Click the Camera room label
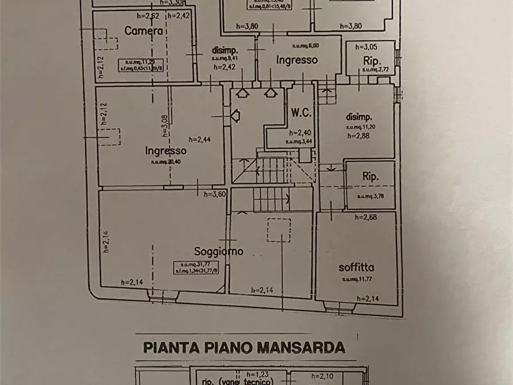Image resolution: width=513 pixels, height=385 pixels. click(146, 32)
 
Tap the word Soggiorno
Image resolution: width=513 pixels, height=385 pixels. click(218, 251)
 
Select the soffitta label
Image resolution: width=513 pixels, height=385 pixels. click(356, 267)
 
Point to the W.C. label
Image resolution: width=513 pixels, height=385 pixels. click(300, 111)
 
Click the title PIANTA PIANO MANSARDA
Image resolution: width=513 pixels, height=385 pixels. click(244, 347)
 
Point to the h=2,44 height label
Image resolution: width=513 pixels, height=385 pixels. click(199, 139)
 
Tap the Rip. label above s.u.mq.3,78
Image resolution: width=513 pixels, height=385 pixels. click(371, 178)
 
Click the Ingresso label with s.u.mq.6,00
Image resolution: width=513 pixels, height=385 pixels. click(297, 59)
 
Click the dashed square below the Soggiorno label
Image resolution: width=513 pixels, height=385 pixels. click(279, 229)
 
